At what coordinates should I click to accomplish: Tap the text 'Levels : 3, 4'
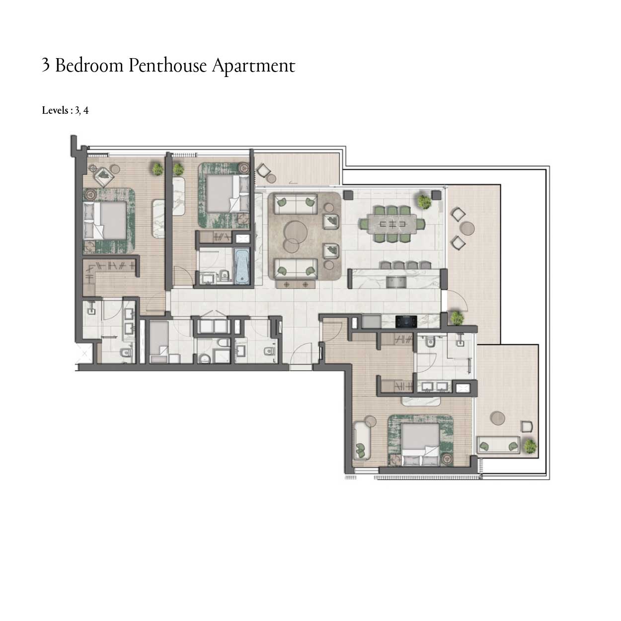pos(65,110)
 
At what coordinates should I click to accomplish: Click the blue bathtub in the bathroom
pos(241,267)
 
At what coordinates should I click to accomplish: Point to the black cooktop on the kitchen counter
pos(406,321)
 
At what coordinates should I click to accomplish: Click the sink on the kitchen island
pos(396,282)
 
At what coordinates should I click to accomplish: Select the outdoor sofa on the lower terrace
pos(498,445)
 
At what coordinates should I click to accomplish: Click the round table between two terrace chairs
pos(467,229)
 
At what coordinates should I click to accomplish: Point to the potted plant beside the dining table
pos(424,201)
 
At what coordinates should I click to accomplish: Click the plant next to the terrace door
pos(457,317)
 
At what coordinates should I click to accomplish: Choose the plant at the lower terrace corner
pos(530,447)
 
